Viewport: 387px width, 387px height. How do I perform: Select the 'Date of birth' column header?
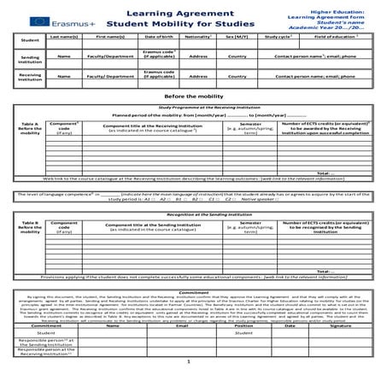pyautogui.click(x=159, y=37)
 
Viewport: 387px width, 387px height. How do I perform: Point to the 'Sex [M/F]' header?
pyautogui.click(x=238, y=37)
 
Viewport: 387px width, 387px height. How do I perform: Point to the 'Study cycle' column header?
pyautogui.click(x=279, y=37)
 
